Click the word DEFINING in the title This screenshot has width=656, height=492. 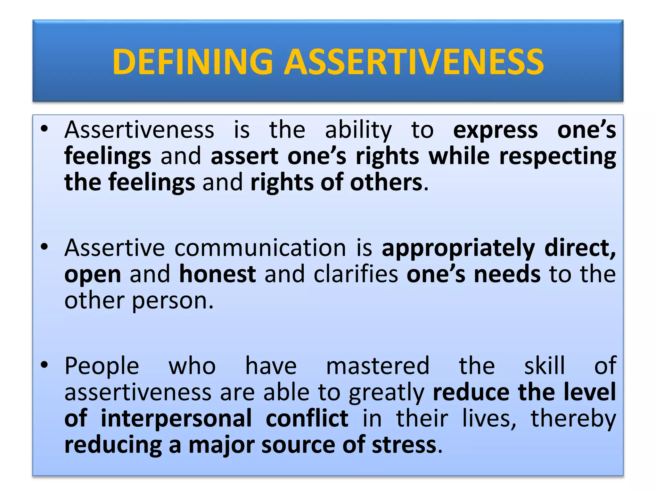point(193,61)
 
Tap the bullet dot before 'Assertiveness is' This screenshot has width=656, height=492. point(44,129)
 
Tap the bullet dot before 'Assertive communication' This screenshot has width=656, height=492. point(44,247)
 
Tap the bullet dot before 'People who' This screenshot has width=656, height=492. point(44,365)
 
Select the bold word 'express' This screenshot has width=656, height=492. point(495,131)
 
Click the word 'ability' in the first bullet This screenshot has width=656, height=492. point(358,131)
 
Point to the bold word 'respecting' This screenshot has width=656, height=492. point(557,157)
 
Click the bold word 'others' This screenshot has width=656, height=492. point(386,183)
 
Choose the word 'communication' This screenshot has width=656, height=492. point(260,248)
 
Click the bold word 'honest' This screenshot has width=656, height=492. point(217,275)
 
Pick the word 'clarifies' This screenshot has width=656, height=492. point(356,275)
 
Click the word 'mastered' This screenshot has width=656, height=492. point(377,366)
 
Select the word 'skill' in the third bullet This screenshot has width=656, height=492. point(544,366)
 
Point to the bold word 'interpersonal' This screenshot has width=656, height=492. point(176,419)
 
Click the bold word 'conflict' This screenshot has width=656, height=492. point(307,419)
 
